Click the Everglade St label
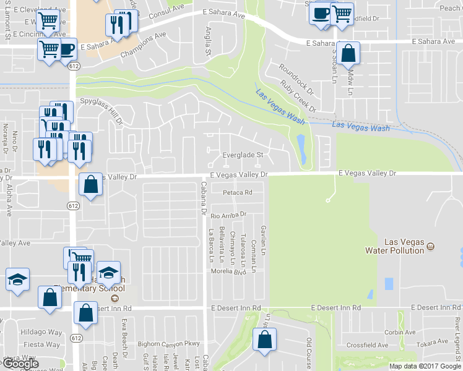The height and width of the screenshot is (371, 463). (244, 155)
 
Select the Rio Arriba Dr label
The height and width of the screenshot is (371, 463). (228, 215)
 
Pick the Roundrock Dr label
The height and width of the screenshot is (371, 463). (296, 79)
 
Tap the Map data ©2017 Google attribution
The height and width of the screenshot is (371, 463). (425, 366)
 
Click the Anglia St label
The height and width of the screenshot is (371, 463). (208, 44)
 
